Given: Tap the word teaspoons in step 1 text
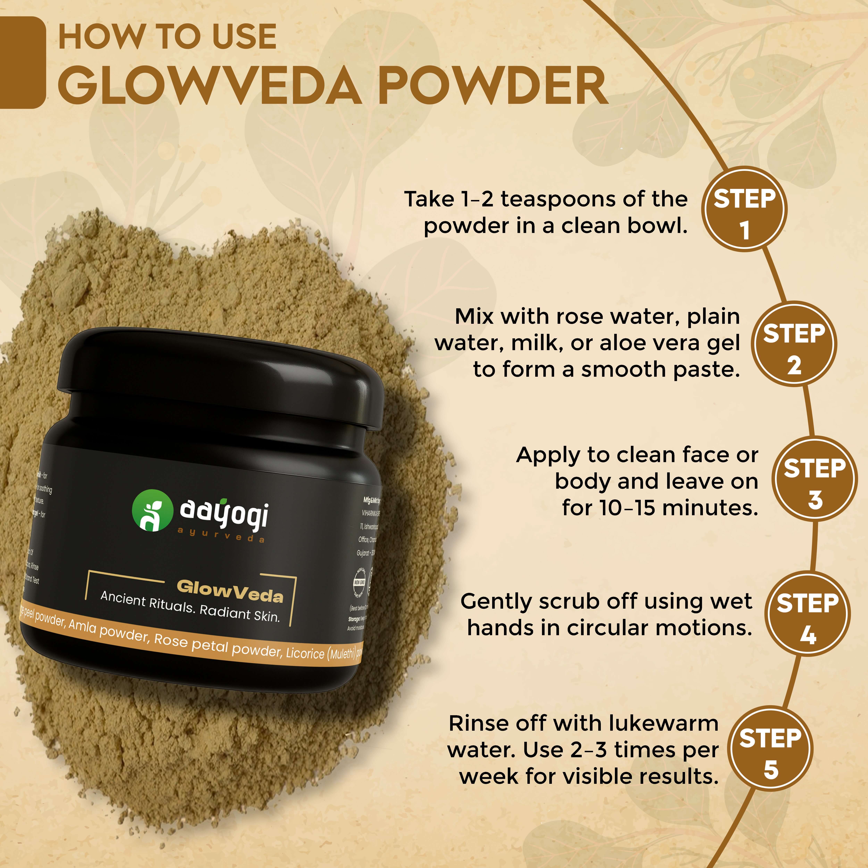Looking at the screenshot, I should coord(553,199).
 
